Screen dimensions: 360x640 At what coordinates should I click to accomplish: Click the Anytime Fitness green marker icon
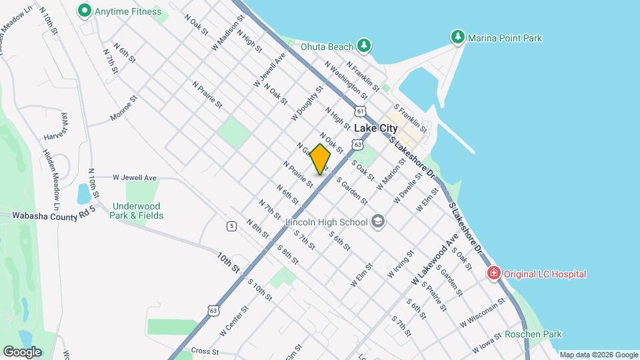coord(85,11)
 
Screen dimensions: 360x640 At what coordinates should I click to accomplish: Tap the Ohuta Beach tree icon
coord(363,45)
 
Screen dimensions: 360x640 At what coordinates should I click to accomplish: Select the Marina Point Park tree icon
coord(457,37)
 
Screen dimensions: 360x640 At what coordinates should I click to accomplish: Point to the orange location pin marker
coord(321,159)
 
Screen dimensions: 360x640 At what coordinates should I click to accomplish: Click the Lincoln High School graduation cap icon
coord(377,221)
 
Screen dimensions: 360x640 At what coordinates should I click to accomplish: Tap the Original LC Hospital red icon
coord(493,273)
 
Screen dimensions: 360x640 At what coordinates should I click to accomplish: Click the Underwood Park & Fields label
coord(137,211)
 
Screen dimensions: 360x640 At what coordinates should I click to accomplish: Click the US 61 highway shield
coord(361,111)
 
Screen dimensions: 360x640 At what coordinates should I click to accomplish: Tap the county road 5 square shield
coord(231,226)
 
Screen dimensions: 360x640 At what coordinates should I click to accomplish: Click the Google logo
coord(22,351)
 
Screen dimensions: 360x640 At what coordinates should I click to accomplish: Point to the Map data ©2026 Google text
coord(599,355)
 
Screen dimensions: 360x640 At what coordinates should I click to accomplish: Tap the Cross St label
coord(205,351)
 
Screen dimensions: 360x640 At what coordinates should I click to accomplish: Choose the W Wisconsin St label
coord(483,313)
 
